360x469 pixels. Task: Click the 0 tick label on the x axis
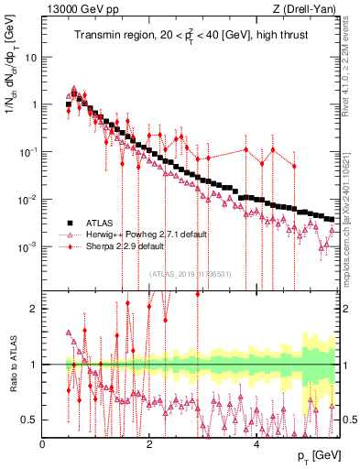43,444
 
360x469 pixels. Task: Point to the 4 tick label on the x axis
256,444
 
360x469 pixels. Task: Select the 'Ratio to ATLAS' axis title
12,365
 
